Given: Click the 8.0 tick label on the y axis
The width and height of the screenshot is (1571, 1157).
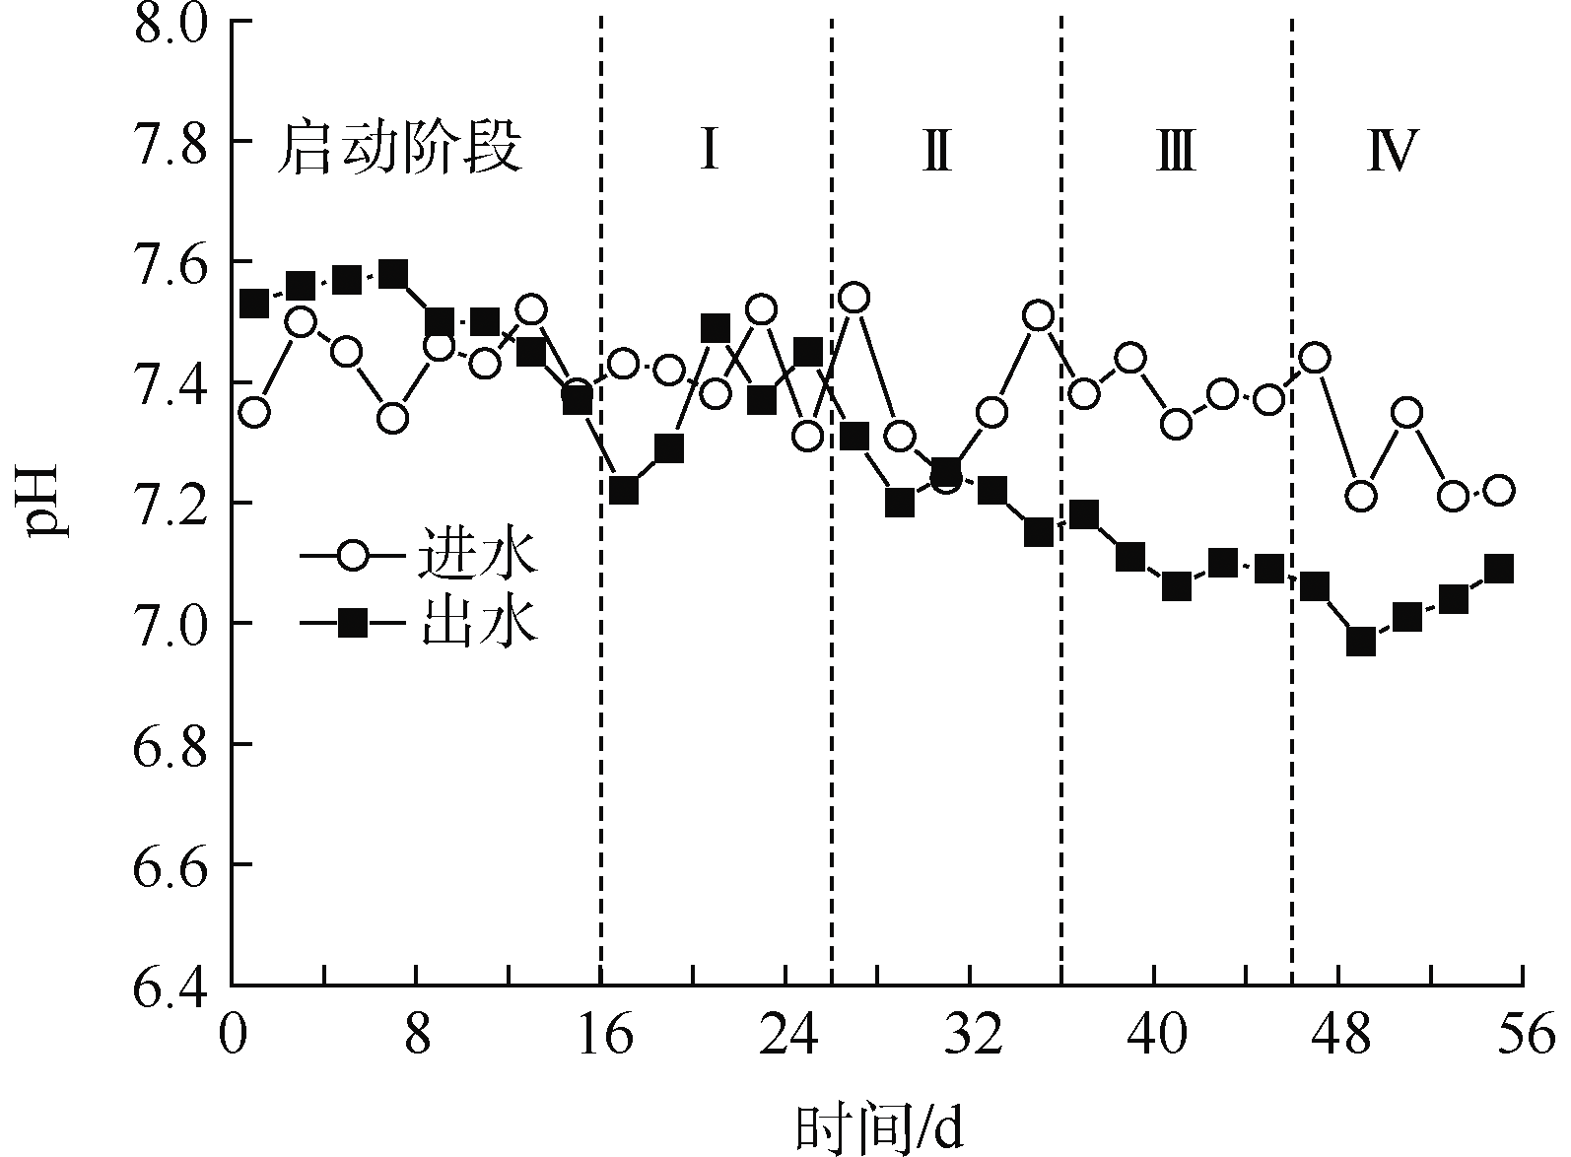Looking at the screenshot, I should point(175,22).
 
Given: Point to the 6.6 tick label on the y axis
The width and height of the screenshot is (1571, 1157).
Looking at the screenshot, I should point(175,864).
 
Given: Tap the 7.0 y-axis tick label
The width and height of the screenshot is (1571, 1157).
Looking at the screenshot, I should point(175,624).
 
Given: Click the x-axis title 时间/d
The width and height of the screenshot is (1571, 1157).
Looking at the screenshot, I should point(879,1126).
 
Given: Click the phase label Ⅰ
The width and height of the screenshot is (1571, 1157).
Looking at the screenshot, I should point(709,151).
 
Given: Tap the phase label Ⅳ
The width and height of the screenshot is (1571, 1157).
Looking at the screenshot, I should point(1392,151).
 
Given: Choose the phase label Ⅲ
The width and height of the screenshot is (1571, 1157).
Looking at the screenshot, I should point(1175,151).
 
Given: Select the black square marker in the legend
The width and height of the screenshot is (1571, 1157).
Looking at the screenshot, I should point(353,623).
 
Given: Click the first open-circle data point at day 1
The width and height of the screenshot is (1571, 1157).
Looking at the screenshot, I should point(254,412).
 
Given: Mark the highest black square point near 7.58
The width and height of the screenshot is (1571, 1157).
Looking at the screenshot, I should point(393,274).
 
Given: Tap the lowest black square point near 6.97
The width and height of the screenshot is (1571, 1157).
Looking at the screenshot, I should point(1361,643).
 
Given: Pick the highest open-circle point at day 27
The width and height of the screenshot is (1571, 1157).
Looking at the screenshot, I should point(854,298).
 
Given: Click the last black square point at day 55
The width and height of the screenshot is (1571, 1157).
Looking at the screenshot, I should point(1499,569).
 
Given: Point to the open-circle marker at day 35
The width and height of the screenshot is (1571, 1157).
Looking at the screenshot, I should point(1039,315).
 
